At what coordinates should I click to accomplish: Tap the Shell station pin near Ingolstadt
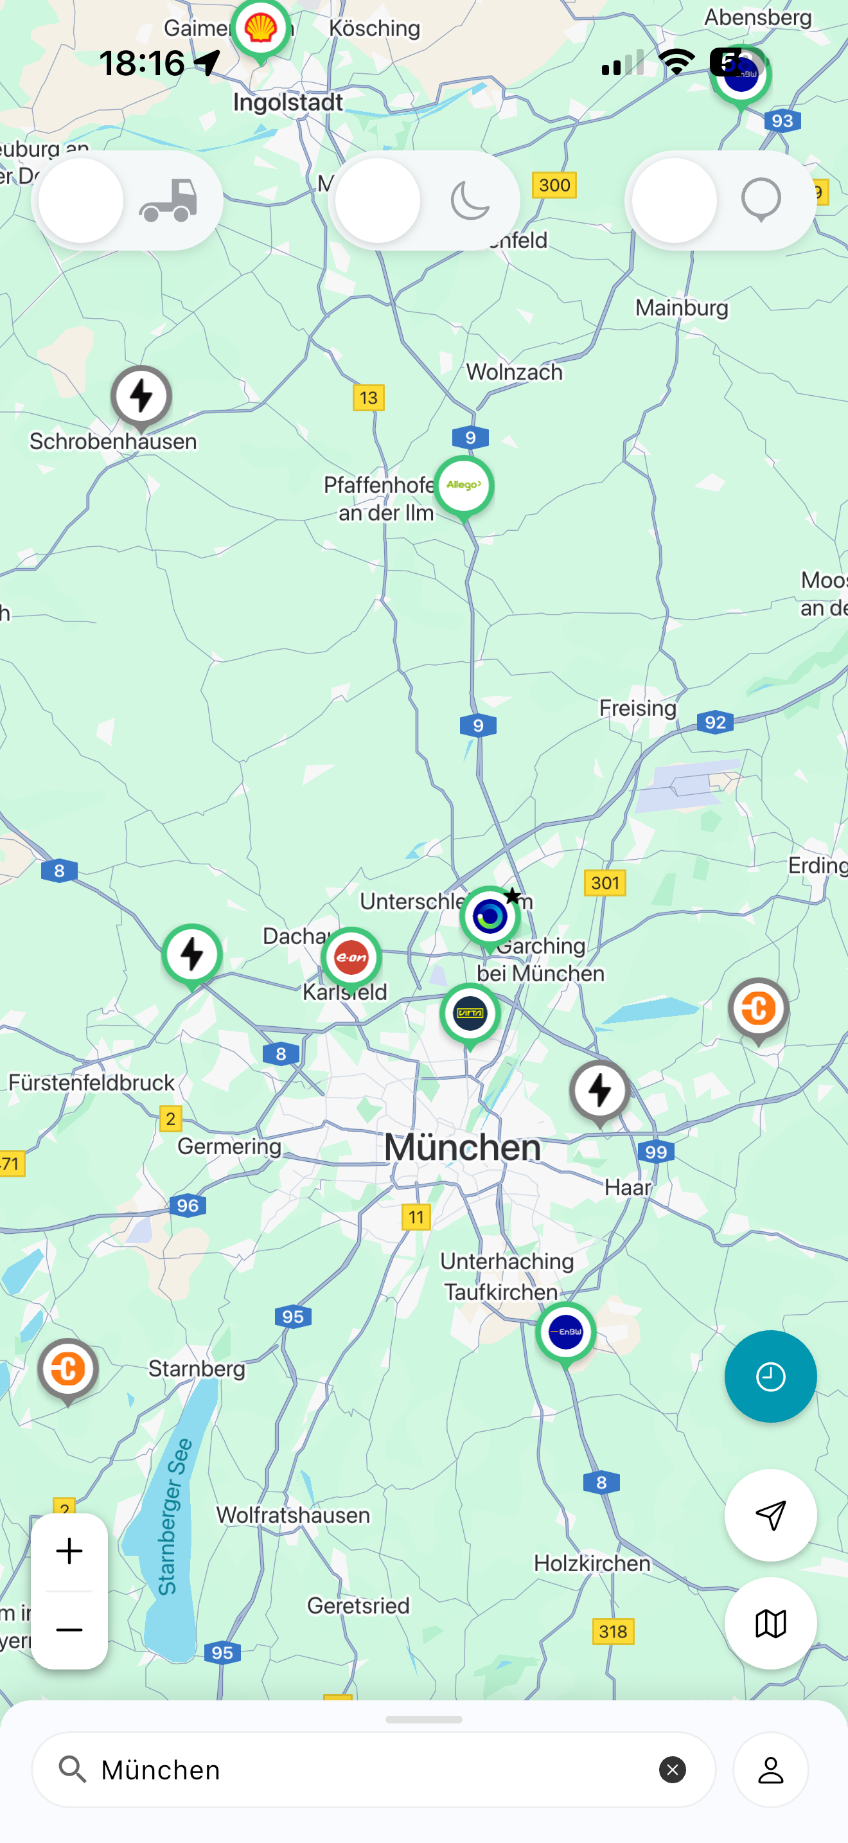point(260,30)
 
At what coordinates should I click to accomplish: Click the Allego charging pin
point(464,486)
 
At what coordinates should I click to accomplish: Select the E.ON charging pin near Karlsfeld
point(351,957)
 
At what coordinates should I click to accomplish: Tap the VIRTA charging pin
point(470,1013)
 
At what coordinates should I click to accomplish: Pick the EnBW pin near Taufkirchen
point(565,1332)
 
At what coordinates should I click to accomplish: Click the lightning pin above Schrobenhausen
point(141,396)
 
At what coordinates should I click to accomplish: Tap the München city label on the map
point(462,1148)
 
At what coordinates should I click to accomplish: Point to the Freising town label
point(637,708)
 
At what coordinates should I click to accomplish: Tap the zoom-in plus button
point(69,1551)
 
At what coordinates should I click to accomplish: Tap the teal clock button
point(770,1376)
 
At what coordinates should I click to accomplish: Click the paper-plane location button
point(770,1515)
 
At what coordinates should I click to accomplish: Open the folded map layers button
point(770,1623)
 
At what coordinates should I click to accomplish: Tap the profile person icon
point(770,1770)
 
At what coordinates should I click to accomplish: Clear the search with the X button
point(672,1770)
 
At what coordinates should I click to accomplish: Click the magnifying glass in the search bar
point(72,1770)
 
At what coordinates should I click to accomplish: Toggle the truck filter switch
point(127,201)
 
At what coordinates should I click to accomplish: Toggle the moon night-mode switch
point(423,201)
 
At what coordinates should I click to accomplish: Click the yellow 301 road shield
point(605,883)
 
